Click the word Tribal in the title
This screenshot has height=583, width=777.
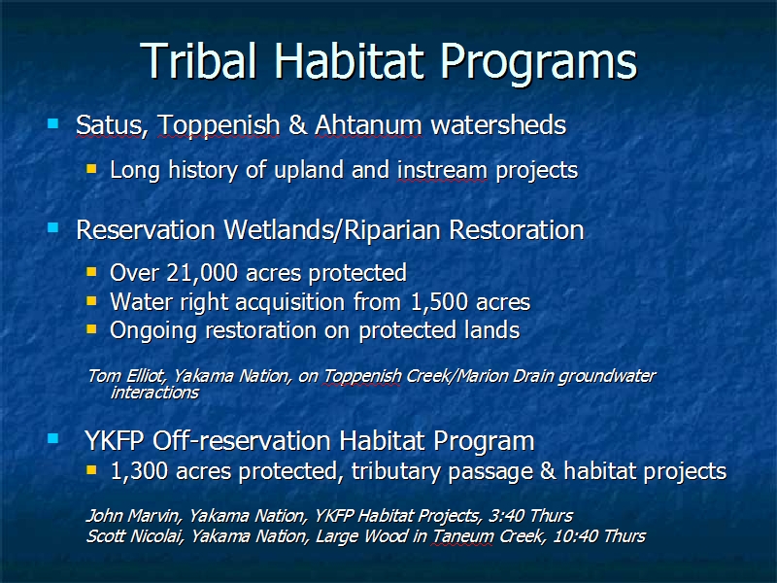(199, 60)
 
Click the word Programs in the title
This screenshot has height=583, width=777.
(538, 64)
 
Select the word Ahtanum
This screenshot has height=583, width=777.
(368, 124)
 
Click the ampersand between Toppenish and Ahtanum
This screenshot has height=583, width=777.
(297, 124)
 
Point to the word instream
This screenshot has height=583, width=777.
(442, 170)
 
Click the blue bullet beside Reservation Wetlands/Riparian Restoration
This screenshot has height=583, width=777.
(53, 228)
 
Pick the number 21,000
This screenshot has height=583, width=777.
(202, 273)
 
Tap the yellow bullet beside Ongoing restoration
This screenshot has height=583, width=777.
(91, 328)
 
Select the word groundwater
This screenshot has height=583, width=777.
(607, 377)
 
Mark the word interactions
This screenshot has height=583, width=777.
(154, 393)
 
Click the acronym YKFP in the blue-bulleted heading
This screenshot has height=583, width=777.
(115, 440)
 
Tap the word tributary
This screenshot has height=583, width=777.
(396, 471)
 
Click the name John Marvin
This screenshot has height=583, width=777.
(132, 516)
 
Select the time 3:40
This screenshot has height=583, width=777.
(506, 516)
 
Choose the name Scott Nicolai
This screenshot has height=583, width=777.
(134, 536)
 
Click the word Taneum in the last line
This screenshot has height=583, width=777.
(463, 536)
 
